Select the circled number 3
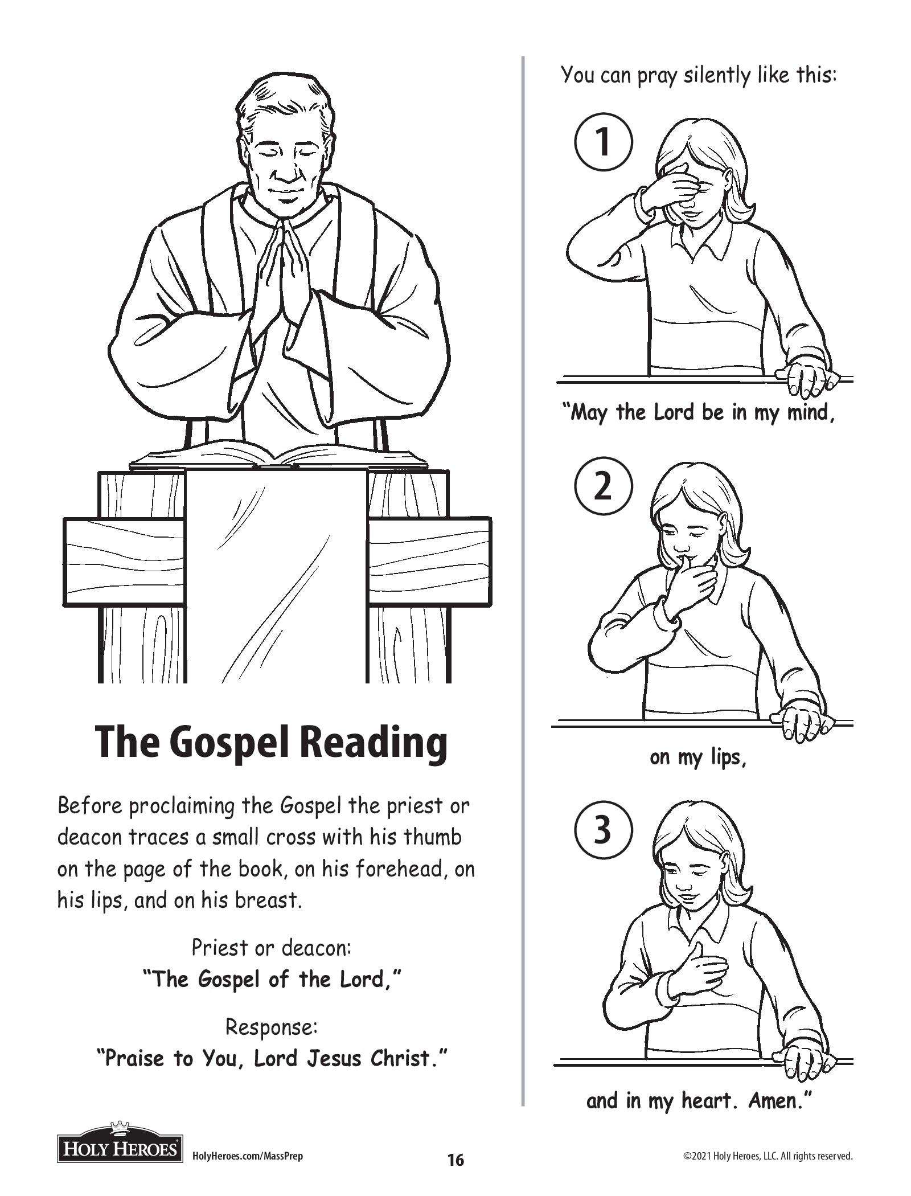point(603,830)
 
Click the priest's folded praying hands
point(283,273)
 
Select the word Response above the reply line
point(271,1027)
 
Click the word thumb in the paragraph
point(433,837)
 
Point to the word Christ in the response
point(407,1058)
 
